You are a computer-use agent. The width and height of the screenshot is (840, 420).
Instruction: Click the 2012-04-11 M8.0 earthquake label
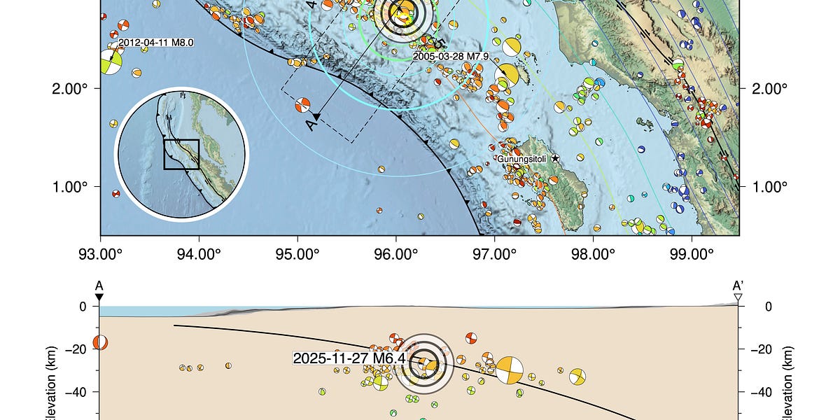(155, 43)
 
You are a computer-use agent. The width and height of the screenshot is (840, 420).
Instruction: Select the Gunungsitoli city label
(521, 159)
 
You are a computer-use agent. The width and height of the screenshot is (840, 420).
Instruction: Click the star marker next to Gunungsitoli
(555, 159)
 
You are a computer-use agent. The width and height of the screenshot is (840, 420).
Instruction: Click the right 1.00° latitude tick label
(771, 187)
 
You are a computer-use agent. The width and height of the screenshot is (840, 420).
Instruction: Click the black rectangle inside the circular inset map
(181, 154)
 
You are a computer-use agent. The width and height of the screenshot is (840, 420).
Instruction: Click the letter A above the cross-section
(99, 286)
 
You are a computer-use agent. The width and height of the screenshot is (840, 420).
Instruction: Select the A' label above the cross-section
(738, 286)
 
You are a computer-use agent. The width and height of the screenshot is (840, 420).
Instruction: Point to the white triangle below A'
(738, 298)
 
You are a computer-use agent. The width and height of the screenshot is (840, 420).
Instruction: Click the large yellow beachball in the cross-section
(510, 369)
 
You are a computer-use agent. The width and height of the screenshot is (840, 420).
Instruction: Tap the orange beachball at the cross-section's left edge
(100, 342)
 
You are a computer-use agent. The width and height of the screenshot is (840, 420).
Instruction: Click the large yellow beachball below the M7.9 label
(511, 75)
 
